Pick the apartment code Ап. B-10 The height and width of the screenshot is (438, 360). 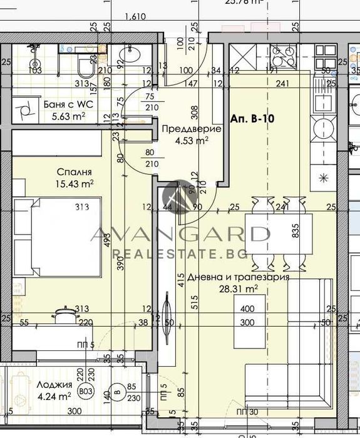tap(254, 117)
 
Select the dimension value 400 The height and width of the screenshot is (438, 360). tap(247, 309)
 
